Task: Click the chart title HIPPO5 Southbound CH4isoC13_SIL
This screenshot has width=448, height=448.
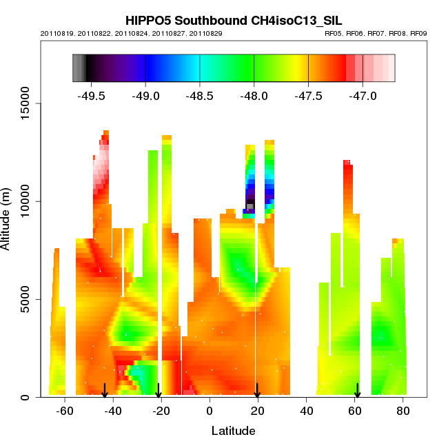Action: pos(233,21)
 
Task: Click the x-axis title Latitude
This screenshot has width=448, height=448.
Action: pos(233,431)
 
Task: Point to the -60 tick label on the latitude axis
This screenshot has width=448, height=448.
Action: pos(63,411)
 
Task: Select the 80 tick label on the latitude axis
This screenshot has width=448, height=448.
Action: pos(403,411)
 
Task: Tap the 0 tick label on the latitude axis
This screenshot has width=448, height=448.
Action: pos(209,411)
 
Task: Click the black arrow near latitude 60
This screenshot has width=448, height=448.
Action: pos(357,391)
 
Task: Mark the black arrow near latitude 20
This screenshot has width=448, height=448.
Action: pos(257,391)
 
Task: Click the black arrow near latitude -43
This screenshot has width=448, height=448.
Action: pos(105,391)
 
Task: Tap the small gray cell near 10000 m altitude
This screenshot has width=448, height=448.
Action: pos(250,206)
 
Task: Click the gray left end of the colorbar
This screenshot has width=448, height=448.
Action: pos(78,68)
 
